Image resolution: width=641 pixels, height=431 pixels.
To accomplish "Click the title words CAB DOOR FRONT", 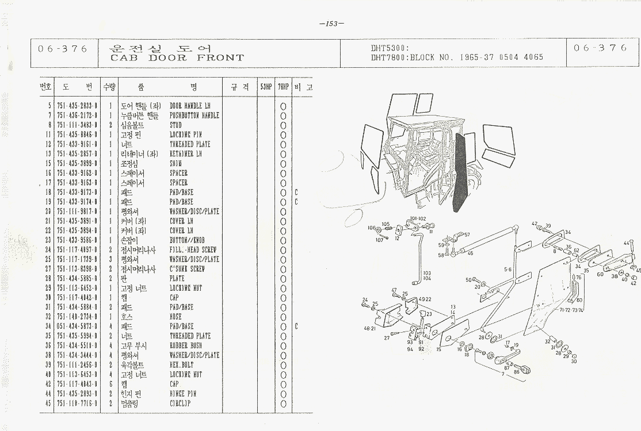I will point(177,57).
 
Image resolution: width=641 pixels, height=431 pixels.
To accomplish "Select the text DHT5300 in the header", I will point(389,49).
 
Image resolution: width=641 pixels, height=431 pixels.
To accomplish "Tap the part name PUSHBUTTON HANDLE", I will point(194,116).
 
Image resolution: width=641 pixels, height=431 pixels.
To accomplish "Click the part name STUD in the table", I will point(175,125).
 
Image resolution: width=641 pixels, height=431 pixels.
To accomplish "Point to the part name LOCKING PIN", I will point(185,134).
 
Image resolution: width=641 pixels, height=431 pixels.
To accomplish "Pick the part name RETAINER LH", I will point(185,154).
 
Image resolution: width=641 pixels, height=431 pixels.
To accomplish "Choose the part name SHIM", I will point(175,163).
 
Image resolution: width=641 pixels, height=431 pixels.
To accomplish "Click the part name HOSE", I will point(175,317).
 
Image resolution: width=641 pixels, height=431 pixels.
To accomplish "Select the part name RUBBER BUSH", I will point(186,345).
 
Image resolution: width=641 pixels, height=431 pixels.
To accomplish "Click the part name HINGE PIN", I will point(183,394).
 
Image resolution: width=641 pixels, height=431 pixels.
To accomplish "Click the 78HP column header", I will point(283,87).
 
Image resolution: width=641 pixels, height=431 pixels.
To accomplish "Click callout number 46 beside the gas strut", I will point(470,253).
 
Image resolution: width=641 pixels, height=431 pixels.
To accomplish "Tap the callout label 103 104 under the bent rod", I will point(426,275).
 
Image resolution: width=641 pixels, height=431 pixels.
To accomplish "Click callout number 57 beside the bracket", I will point(467,234).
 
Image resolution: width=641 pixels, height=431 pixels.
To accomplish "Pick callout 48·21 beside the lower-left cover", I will point(369,328).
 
